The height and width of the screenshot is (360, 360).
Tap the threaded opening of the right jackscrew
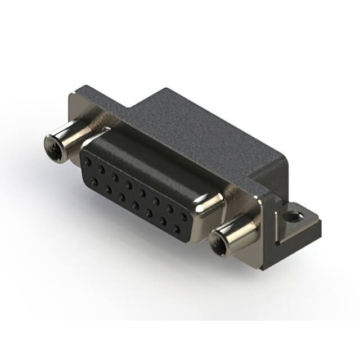click(x=217, y=242)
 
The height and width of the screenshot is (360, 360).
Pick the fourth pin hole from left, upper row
click(x=129, y=184)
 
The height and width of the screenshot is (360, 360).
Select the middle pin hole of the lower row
click(x=136, y=205)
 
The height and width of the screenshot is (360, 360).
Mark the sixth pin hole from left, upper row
click(x=157, y=201)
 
